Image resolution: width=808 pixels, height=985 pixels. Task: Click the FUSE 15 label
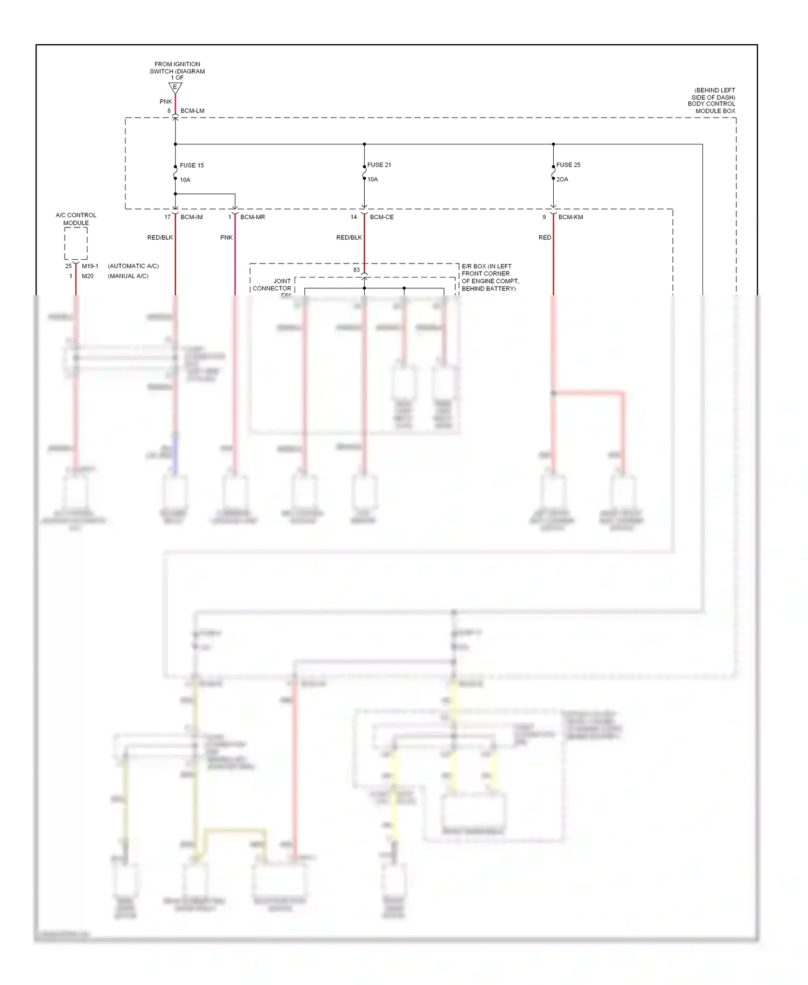(x=191, y=165)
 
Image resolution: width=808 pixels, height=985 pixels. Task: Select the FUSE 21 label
(x=379, y=165)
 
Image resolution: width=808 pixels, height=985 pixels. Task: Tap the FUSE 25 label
(x=568, y=165)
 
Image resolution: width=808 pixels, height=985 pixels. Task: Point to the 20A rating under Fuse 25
(x=562, y=179)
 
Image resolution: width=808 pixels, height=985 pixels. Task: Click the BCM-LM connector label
(x=192, y=111)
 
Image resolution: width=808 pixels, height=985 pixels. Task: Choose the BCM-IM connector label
(x=191, y=217)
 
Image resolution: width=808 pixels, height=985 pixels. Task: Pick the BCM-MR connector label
(x=252, y=217)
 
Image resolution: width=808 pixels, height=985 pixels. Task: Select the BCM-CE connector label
(x=381, y=217)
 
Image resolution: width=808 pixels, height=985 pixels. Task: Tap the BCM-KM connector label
(x=570, y=217)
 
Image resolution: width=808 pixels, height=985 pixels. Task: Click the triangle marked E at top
(x=175, y=87)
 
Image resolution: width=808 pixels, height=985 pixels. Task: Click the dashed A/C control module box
(x=76, y=244)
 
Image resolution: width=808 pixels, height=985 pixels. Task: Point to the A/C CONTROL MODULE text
(x=76, y=219)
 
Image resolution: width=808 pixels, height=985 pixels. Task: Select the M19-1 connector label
(x=90, y=266)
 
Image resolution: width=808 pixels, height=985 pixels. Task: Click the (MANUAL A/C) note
(x=128, y=276)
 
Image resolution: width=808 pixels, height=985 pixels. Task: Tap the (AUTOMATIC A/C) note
(x=133, y=266)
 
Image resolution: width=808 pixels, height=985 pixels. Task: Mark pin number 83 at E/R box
(x=356, y=270)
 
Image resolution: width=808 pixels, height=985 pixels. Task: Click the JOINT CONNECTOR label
(x=272, y=285)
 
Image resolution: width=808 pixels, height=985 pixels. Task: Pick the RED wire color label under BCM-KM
(x=545, y=238)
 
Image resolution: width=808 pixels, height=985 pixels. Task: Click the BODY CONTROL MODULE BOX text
(x=711, y=107)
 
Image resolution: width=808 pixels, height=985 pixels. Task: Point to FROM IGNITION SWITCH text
(x=177, y=68)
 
